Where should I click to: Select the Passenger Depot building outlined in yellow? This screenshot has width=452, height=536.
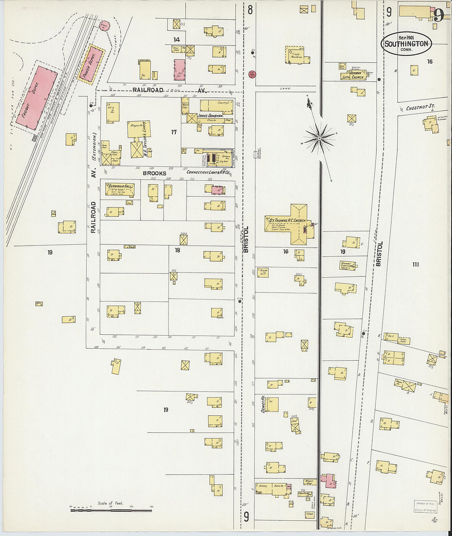[91, 64]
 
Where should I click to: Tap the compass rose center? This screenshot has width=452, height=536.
[319, 138]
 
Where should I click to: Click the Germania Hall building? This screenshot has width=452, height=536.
[120, 189]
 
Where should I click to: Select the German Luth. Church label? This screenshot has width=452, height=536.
[353, 76]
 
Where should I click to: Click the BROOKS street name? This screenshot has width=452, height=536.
[155, 173]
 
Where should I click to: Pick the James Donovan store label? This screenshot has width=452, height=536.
[210, 116]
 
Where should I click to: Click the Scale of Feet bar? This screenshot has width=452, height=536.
[111, 510]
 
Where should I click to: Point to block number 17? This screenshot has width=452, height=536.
[174, 132]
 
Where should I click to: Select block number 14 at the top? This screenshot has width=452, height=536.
[177, 40]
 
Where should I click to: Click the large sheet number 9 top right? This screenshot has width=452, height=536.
[438, 15]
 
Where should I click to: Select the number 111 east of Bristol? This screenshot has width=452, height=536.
[415, 265]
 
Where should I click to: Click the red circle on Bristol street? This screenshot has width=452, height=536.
[252, 75]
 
